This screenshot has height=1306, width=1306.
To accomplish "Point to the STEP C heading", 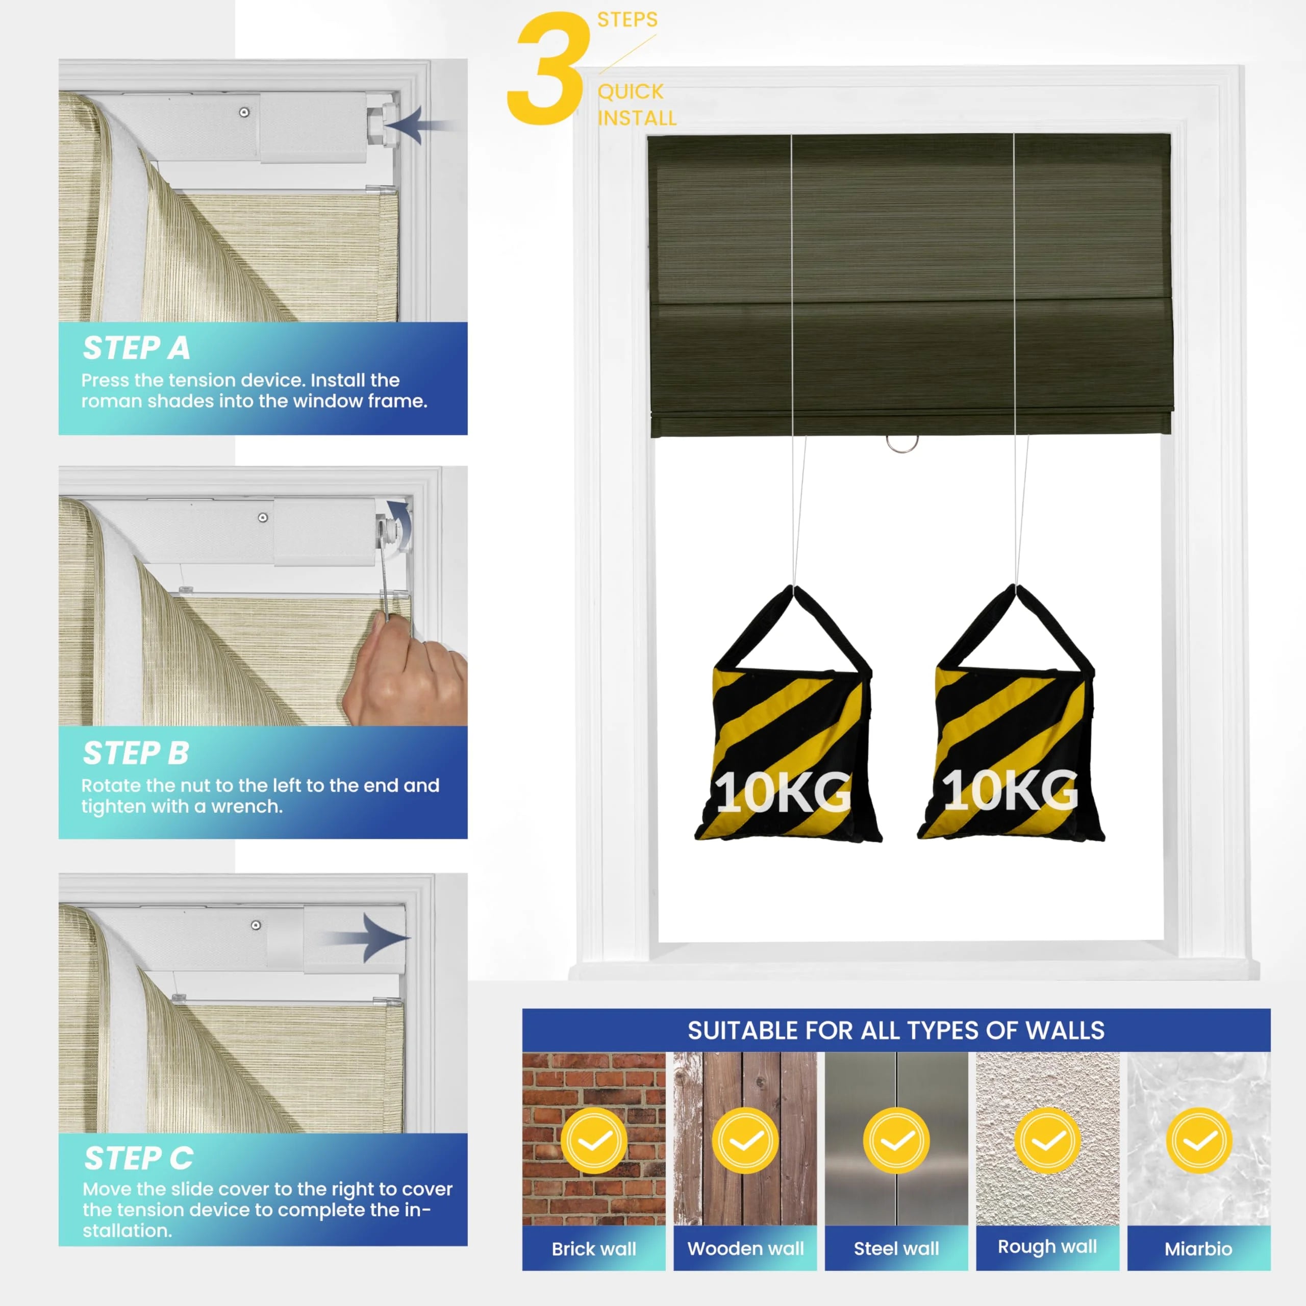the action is (139, 1158).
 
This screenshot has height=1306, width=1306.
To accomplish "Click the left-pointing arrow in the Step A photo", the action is (417, 125).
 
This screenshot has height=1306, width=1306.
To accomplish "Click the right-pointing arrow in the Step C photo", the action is (366, 938).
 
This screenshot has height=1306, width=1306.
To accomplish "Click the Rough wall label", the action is (1047, 1246).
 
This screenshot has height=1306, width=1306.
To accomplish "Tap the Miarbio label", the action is (1198, 1248).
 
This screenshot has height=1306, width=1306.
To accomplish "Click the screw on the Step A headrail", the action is (244, 112).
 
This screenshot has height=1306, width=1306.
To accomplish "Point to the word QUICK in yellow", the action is (631, 91).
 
